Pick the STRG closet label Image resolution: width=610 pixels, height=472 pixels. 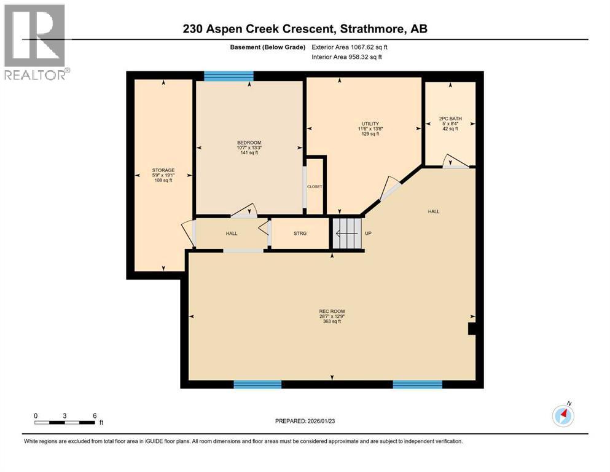tap(300, 234)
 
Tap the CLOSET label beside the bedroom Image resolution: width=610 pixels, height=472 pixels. tap(315, 186)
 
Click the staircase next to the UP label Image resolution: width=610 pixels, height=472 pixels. tap(347, 234)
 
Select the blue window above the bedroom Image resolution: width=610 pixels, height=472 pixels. tap(229, 76)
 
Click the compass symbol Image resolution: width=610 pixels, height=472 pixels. tap(563, 416)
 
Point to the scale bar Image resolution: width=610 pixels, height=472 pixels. tap(65, 422)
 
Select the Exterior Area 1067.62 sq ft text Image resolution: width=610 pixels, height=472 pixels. tap(350, 47)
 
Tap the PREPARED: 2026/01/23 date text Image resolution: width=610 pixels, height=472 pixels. tap(305, 421)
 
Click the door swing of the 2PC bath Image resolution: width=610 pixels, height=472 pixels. tap(455, 161)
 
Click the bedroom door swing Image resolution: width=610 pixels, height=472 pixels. tap(244, 210)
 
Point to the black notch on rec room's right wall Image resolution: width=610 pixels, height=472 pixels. tap(471, 329)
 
